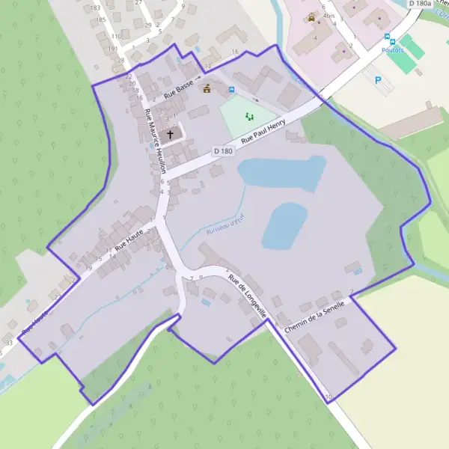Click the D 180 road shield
pyautogui.click(x=222, y=150)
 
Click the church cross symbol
pyautogui.click(x=171, y=135)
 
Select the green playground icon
pyautogui.click(x=250, y=116)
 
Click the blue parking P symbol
pyautogui.click(x=378, y=79)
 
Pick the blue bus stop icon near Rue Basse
pyautogui.click(x=231, y=90)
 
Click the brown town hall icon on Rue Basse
pyautogui.click(x=207, y=88)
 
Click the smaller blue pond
pyautogui.click(x=284, y=226)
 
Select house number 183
pyautogui.click(x=95, y=7)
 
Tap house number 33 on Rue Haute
pyautogui.click(x=9, y=342)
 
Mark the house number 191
pyautogui.click(x=112, y=49)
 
